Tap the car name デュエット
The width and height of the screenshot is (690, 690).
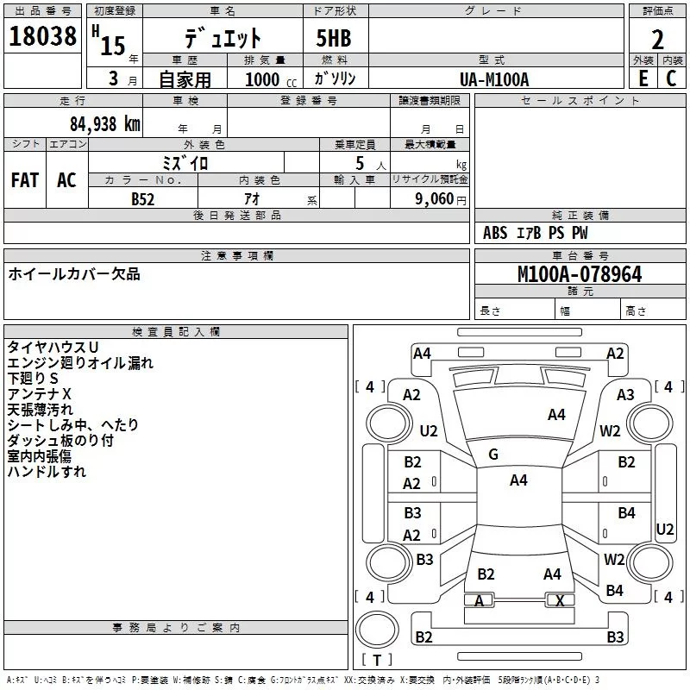(x=223, y=39)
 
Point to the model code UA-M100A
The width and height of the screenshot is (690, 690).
(x=494, y=79)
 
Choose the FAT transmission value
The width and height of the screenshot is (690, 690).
(x=24, y=180)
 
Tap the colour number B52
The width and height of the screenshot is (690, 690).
(x=142, y=198)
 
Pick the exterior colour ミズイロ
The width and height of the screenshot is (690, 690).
(x=185, y=163)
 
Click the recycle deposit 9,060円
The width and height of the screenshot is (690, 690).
(x=441, y=198)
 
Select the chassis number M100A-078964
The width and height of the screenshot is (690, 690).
(x=579, y=275)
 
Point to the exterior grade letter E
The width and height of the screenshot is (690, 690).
(x=643, y=79)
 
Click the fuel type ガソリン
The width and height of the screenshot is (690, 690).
(x=335, y=79)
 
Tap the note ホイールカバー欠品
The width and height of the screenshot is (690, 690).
(x=74, y=274)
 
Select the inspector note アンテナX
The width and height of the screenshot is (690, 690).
(x=40, y=394)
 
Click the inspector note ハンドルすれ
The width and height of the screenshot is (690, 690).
(x=47, y=472)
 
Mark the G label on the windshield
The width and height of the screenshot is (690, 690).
(x=493, y=455)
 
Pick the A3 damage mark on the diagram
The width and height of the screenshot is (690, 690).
(x=625, y=394)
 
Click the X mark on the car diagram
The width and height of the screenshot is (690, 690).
(x=560, y=601)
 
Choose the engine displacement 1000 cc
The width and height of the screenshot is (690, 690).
(x=269, y=79)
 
